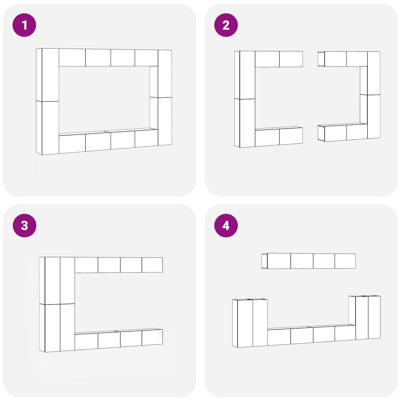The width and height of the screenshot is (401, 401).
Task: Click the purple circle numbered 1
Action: pos(24,25)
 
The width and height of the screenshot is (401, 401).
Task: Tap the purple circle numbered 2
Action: pos(226,25)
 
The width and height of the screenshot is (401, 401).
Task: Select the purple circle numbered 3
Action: pos(24,226)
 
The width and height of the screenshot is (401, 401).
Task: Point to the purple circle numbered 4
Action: pos(226,226)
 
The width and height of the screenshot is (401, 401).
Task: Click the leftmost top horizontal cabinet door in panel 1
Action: pos(72,58)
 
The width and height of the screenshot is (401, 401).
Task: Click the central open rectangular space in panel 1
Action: pos(104,100)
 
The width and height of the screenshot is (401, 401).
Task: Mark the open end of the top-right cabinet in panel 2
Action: pos(321,59)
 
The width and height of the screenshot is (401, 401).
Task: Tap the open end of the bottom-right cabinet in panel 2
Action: pos(321,133)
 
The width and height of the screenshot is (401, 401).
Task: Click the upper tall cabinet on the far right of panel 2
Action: pos(374,73)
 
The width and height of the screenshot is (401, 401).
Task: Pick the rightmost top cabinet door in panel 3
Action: pos(152,265)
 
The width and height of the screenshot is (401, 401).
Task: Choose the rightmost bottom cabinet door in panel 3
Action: pos(152,338)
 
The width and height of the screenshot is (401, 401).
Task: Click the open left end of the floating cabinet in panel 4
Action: pos(264,261)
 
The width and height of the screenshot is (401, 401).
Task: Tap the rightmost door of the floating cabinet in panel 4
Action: pos(345,261)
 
